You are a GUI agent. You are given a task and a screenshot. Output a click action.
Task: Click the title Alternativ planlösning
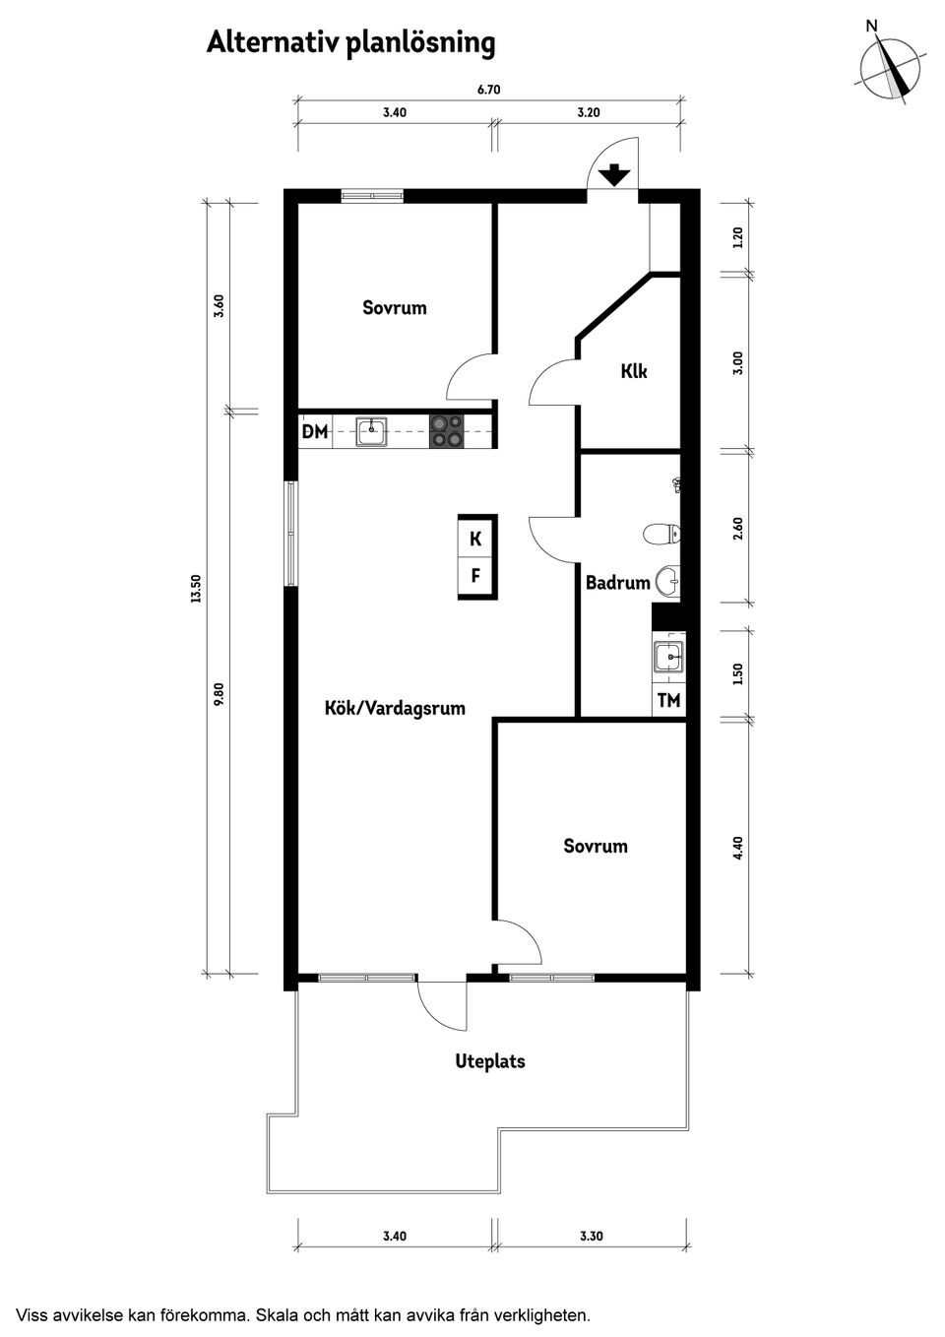(x=350, y=43)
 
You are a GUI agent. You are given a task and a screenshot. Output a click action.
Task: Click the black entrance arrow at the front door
(x=614, y=175)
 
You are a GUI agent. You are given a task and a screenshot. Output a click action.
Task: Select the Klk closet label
(x=634, y=371)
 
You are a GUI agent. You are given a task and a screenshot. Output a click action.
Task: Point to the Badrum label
(x=617, y=583)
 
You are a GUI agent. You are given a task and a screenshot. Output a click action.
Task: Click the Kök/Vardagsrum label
(x=395, y=708)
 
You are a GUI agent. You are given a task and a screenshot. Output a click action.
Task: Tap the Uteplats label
(x=489, y=1061)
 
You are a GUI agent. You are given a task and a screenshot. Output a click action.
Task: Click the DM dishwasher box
(x=315, y=431)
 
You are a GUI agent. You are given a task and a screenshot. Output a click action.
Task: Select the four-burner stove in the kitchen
(x=446, y=431)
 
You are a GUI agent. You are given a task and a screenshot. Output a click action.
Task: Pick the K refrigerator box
(x=475, y=539)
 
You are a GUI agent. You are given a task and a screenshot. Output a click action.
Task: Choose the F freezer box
(x=475, y=576)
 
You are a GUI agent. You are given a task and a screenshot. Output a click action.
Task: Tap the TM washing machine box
(x=668, y=701)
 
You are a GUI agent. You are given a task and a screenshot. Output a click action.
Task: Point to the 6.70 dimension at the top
(x=489, y=90)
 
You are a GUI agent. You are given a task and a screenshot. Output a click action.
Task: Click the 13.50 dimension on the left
(x=196, y=588)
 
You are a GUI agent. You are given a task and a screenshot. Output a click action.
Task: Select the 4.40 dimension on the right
(x=738, y=847)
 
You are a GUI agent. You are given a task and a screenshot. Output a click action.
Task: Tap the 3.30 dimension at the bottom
(x=591, y=1237)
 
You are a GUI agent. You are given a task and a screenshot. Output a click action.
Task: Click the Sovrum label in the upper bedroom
(x=395, y=307)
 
